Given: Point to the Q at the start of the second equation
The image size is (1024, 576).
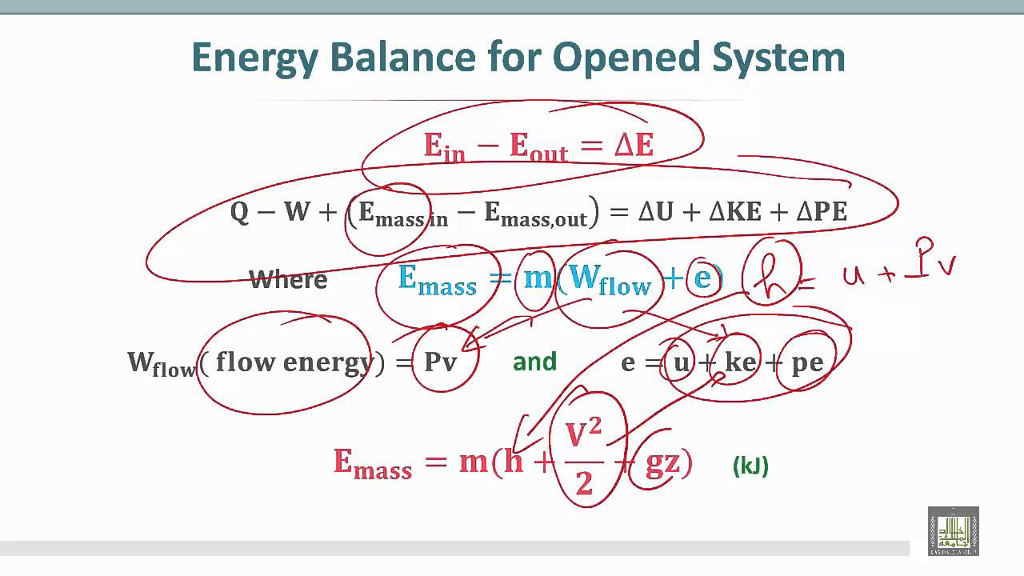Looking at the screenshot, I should click(239, 212).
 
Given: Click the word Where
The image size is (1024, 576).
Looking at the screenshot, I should click(288, 280).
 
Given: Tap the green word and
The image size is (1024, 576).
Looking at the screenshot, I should click(534, 362).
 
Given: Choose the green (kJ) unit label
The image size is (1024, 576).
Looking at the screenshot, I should click(750, 466).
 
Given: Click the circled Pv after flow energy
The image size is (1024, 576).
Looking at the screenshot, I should click(441, 362).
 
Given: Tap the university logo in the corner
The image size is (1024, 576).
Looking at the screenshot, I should click(953, 530).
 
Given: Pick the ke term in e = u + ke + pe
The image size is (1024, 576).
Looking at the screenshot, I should click(740, 362).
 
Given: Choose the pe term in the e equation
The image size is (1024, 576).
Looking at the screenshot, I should click(806, 363).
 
